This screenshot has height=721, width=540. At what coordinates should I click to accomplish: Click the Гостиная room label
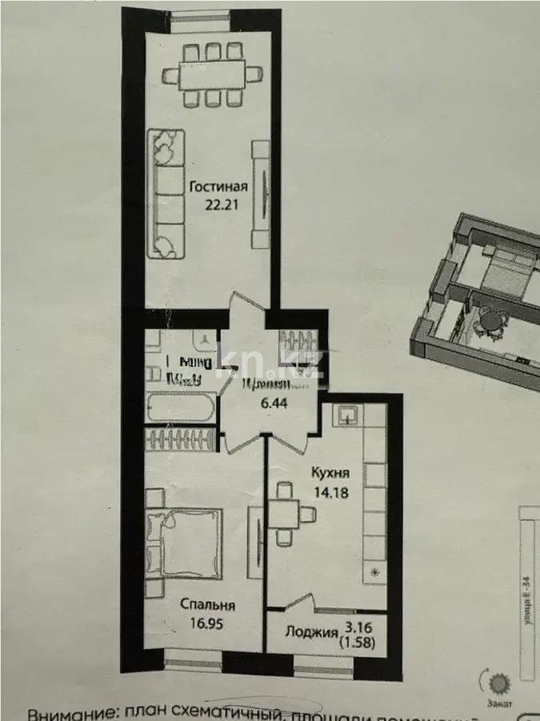tap(218, 187)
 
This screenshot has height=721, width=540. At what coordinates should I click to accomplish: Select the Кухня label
tap(330, 472)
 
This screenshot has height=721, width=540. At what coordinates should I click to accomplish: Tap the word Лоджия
tap(311, 633)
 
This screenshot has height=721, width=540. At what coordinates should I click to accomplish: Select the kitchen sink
tap(348, 414)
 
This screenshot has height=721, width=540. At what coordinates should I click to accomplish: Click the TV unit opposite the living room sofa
tap(261, 194)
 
